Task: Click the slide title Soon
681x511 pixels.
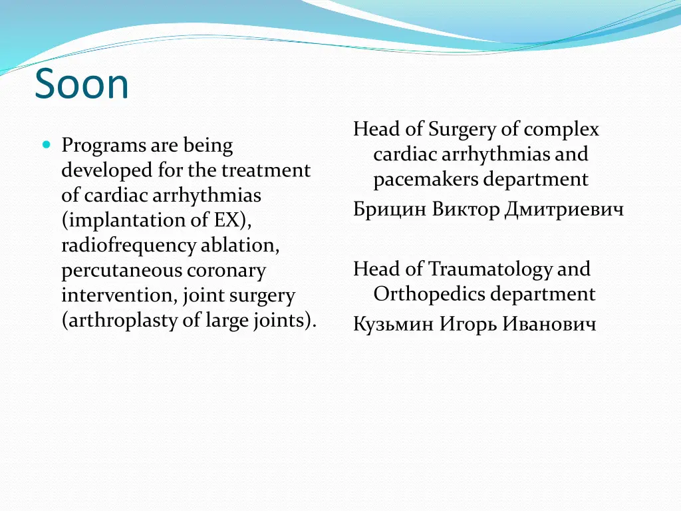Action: pyautogui.click(x=82, y=85)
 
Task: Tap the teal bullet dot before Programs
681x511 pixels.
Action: pyautogui.click(x=46, y=144)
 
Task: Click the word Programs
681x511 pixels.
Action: pyautogui.click(x=104, y=146)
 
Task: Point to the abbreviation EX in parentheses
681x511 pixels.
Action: pyautogui.click(x=228, y=220)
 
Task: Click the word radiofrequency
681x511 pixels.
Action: pyautogui.click(x=129, y=246)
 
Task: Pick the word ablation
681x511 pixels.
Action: pyautogui.click(x=239, y=246)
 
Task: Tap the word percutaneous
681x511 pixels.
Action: pyautogui.click(x=122, y=271)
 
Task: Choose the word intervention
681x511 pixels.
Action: pyautogui.click(x=118, y=295)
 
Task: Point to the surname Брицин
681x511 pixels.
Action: pyautogui.click(x=390, y=210)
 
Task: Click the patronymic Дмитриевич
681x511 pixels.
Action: pyautogui.click(x=564, y=210)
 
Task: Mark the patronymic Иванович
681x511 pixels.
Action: pyautogui.click(x=549, y=324)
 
